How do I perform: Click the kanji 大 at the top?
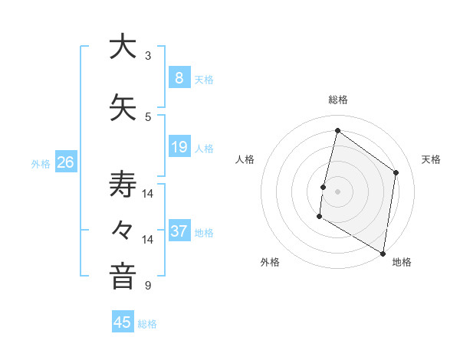click(x=122, y=47)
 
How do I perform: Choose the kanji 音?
click(x=122, y=276)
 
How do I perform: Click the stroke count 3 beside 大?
click(x=148, y=56)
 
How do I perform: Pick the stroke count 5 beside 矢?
click(x=148, y=117)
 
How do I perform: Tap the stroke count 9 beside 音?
click(x=148, y=286)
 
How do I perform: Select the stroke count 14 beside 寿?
click(x=148, y=194)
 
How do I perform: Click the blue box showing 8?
click(x=179, y=77)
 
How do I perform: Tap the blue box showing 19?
click(x=179, y=146)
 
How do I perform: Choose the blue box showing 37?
click(x=179, y=231)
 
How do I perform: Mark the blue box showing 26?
click(x=65, y=162)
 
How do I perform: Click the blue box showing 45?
click(x=123, y=322)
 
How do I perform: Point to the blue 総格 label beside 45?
click(x=147, y=324)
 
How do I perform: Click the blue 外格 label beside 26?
click(x=41, y=163)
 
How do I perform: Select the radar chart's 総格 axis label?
click(x=338, y=100)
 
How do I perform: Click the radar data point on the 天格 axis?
click(x=396, y=172)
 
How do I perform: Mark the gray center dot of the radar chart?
click(x=337, y=191)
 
